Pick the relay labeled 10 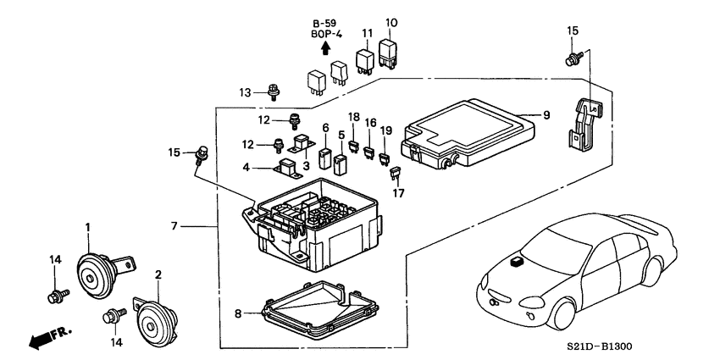[x=390, y=53]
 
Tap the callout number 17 [x=397, y=193]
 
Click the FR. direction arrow [x=47, y=337]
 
